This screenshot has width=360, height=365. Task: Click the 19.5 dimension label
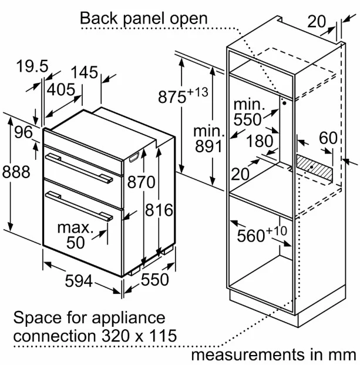point(32,66)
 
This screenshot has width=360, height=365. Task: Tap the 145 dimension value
point(85,72)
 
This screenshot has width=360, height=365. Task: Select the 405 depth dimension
point(61,89)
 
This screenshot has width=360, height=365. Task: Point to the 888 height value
point(16,172)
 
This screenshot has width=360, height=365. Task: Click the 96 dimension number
point(23,132)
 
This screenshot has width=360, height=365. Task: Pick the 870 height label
point(141,182)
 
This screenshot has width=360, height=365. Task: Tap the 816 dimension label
point(159,210)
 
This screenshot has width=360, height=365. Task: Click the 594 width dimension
point(79,281)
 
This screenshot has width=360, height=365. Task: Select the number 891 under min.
point(208,146)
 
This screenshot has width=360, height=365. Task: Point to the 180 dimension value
point(260,141)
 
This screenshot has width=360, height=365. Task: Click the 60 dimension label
point(328,138)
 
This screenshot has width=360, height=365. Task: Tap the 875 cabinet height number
point(172,97)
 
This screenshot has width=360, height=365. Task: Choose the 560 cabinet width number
point(251,236)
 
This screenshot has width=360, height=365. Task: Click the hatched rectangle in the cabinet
point(314,167)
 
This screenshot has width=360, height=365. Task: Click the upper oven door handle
point(79,167)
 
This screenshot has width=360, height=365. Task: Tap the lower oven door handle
point(79,206)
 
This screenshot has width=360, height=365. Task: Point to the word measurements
point(248,355)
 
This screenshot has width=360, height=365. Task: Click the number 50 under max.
point(75,243)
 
